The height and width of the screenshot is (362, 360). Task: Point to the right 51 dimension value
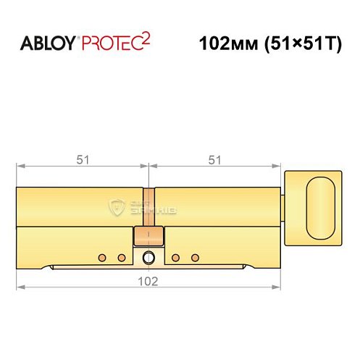(x=214, y=161)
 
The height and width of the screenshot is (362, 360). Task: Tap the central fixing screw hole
(x=148, y=257)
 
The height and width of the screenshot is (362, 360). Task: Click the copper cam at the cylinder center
(x=148, y=236)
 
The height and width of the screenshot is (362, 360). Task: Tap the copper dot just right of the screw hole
(x=175, y=258)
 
